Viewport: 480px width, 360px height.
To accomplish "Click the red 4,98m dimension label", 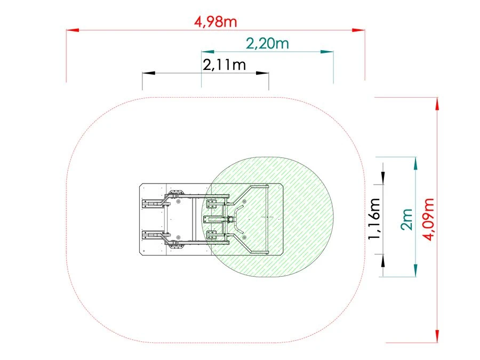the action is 215,22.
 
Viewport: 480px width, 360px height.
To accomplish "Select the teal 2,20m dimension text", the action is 268,44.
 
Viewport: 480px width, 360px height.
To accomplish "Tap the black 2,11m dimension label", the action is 225,65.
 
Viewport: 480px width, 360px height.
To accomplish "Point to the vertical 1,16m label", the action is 374,218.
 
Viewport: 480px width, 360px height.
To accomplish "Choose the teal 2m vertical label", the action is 407,220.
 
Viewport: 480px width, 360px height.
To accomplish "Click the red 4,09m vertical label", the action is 428,220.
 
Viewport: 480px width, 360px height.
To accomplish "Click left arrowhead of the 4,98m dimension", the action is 73,30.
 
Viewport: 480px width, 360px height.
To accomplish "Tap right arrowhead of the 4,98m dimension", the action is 358,30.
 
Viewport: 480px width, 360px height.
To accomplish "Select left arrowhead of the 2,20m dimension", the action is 207,52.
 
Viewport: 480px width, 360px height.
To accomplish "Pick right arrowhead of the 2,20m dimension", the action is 327,52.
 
